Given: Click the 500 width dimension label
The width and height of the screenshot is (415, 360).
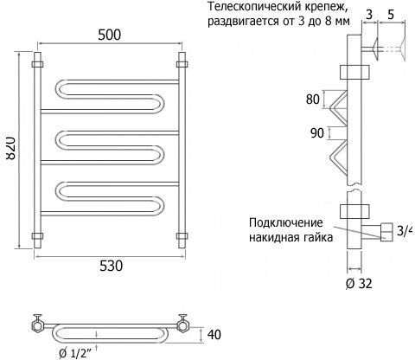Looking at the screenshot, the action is point(109,35).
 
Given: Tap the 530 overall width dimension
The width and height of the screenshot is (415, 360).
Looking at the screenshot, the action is point(111,266).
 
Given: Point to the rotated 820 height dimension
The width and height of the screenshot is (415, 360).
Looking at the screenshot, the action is point(10,148).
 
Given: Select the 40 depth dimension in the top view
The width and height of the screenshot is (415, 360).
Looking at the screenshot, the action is point(214,335).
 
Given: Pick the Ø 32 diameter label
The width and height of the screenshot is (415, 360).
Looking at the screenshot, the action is point(359,284).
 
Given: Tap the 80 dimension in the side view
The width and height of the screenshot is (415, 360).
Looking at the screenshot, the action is point(313,100).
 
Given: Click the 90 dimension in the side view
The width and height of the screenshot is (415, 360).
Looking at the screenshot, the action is point(317,133).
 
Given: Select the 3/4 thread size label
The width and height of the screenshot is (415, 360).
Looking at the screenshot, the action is point(405,230).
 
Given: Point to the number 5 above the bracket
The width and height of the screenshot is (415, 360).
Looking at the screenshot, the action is point(391,15).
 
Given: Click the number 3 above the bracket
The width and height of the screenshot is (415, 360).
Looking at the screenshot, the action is point(369,15).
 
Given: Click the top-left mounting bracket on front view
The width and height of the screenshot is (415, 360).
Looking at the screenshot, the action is point(37,64).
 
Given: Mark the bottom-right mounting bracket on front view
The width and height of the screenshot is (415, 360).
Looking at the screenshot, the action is point(182,236).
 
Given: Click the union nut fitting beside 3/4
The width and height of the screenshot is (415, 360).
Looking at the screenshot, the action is point(386,232).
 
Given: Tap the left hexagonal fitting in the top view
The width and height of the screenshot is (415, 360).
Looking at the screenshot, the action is point(37,326).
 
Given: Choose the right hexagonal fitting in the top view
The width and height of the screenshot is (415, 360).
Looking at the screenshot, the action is point(182,326).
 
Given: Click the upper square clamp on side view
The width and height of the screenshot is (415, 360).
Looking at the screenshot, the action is point(354,72).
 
